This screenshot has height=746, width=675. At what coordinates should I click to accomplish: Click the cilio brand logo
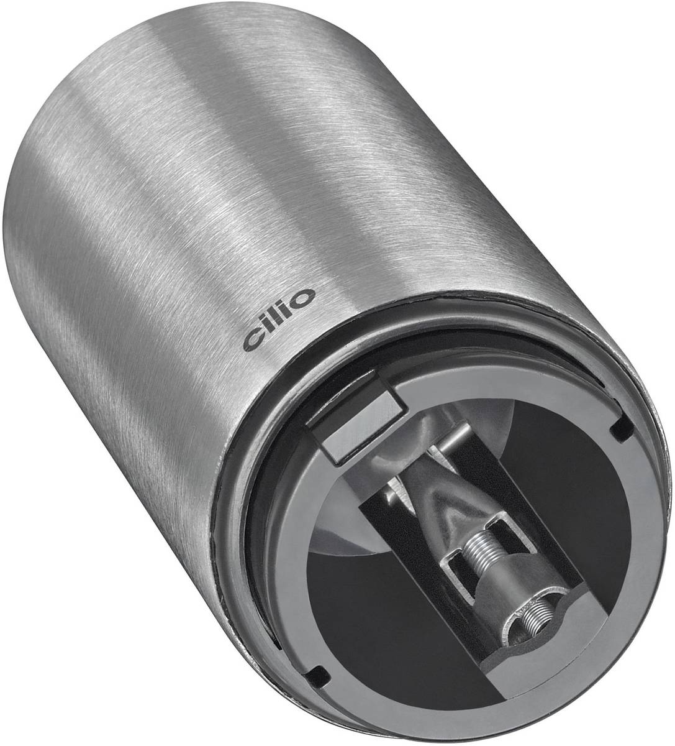coord(279,320)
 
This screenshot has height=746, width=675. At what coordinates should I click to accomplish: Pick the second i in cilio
coord(289,310)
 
